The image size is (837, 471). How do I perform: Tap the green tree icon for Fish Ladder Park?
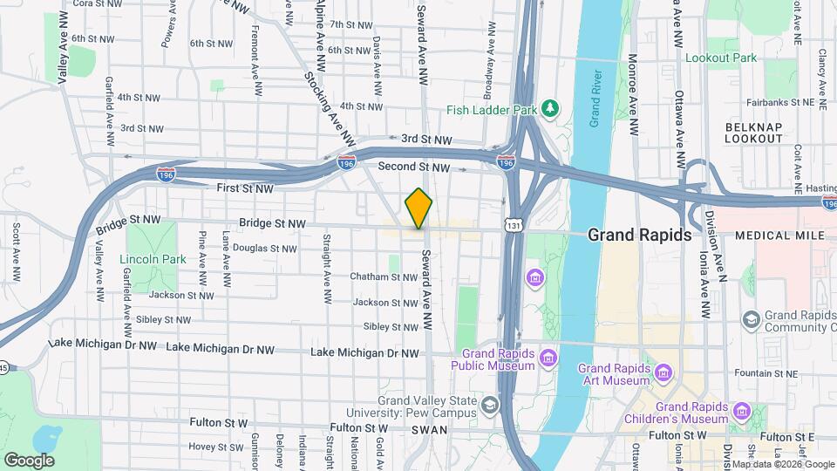(550, 108)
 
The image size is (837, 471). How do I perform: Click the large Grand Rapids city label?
(639, 235)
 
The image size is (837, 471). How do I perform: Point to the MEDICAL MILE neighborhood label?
(775, 236)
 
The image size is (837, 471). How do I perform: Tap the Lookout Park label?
(721, 58)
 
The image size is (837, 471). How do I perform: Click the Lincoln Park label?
(153, 259)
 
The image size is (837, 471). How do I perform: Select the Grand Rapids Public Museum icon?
(548, 357)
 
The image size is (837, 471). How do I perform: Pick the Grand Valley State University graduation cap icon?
(490, 404)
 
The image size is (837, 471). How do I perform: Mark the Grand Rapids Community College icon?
(750, 321)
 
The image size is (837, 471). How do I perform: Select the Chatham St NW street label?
(384, 277)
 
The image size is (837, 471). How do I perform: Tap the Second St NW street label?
(414, 167)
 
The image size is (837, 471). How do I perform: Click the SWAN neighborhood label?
(429, 430)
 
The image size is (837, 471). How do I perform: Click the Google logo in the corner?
(28, 460)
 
